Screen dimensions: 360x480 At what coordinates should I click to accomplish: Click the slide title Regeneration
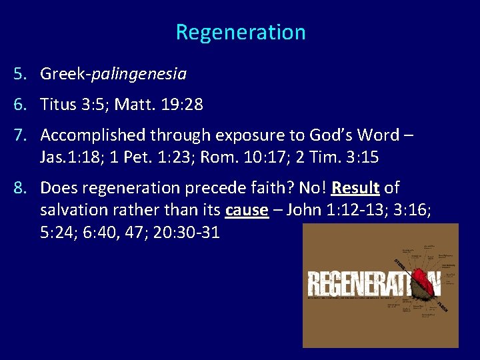(241, 32)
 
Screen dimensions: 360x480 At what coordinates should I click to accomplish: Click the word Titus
(58, 105)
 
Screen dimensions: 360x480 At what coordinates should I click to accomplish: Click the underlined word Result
(355, 188)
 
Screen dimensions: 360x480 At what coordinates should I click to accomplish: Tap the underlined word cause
(247, 210)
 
